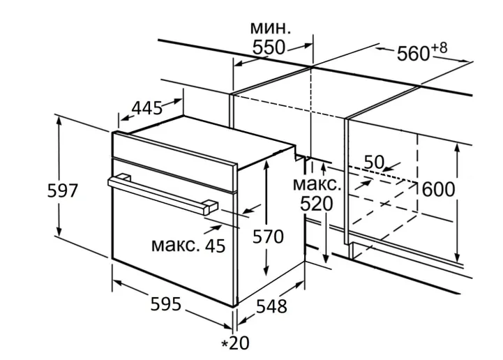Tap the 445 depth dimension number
147,108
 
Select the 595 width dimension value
166,304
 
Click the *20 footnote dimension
235,343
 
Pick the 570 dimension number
268,237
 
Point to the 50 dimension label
374,162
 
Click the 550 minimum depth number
269,47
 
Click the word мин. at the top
270,28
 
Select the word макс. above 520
317,185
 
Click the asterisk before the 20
225,343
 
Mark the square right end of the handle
210,207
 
